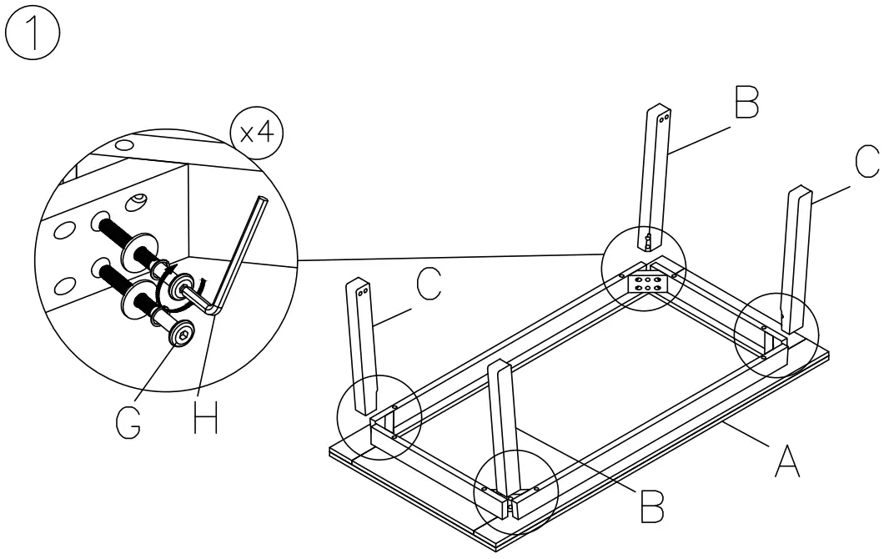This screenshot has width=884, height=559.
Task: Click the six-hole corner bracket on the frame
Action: point(650,282)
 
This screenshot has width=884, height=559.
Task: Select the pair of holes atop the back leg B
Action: point(662,119)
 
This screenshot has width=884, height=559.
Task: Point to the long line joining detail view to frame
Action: point(450,256)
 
